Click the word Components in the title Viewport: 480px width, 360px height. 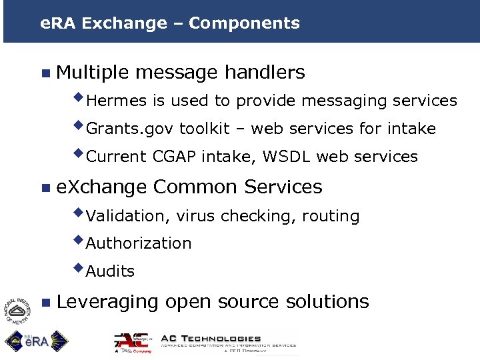pyautogui.click(x=244, y=23)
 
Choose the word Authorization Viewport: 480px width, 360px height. pyautogui.click(x=139, y=243)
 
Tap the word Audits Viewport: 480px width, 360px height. pyautogui.click(x=110, y=271)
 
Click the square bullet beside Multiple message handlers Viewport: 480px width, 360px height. pyautogui.click(x=45, y=73)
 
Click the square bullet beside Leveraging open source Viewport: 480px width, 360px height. pyautogui.click(x=45, y=302)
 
